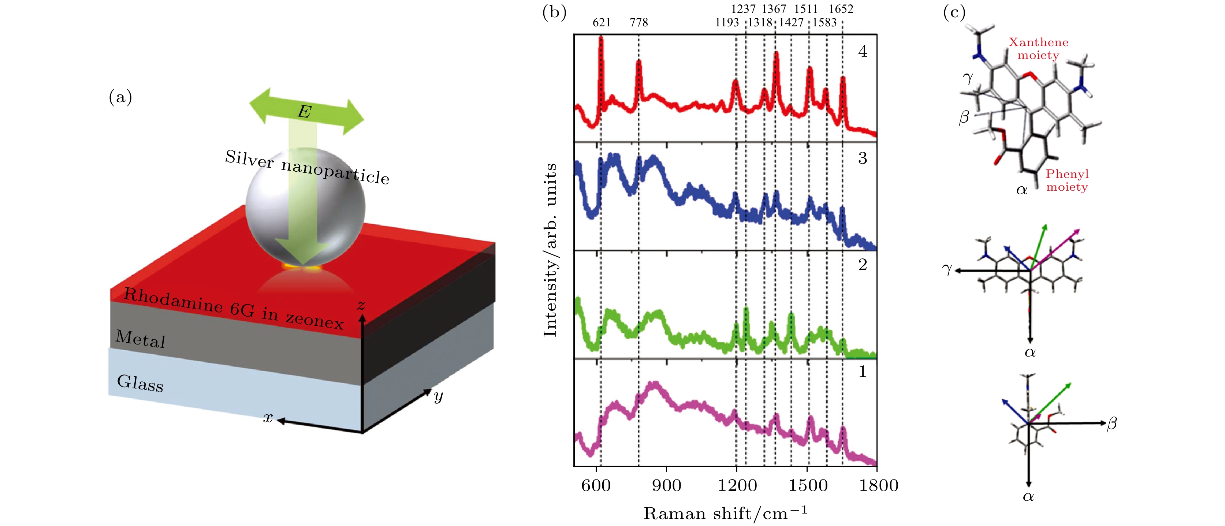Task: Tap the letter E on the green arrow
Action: point(304,112)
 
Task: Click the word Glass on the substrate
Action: point(140,383)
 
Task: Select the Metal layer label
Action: point(140,339)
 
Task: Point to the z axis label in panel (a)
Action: point(361,305)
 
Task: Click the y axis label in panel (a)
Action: point(438,396)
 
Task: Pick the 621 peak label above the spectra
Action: point(601,22)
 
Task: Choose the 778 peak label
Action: point(638,22)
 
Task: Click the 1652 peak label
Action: point(841,9)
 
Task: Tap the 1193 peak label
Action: point(727,22)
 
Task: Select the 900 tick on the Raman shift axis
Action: point(666,486)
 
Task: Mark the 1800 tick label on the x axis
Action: point(878,486)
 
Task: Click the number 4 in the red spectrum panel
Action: point(863,51)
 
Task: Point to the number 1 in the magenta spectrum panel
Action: point(863,372)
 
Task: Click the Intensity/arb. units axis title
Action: point(550,250)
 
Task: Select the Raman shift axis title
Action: point(725,514)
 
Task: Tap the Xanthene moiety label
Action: point(1039,49)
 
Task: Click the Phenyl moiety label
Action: point(1067,180)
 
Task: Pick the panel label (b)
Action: point(554,12)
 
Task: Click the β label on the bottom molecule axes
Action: point(1112,423)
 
